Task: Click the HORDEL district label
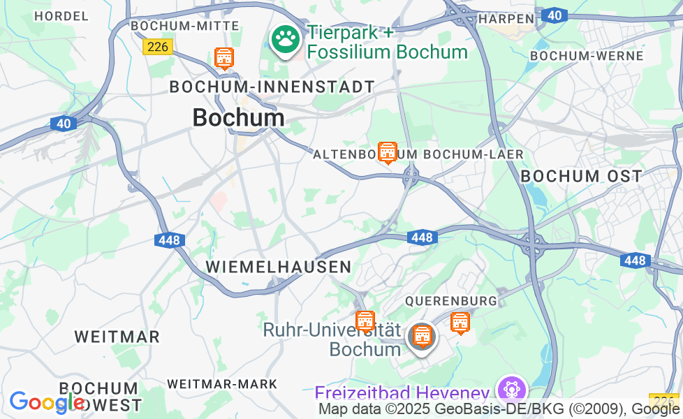[61, 15]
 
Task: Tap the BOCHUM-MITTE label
[185, 26]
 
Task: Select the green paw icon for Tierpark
[285, 41]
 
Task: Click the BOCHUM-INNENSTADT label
[272, 87]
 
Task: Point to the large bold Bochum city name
[238, 117]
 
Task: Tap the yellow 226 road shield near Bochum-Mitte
[157, 47]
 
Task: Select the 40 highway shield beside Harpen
[554, 15]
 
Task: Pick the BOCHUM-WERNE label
[587, 56]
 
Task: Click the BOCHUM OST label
[580, 176]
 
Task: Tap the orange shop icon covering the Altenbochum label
[387, 152]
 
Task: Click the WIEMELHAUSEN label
[278, 267]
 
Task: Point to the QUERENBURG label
[451, 301]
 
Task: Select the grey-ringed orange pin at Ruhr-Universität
[421, 337]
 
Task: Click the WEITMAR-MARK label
[222, 384]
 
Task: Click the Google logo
[46, 402]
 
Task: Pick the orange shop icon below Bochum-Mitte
[223, 58]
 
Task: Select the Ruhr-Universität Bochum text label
[332, 339]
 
